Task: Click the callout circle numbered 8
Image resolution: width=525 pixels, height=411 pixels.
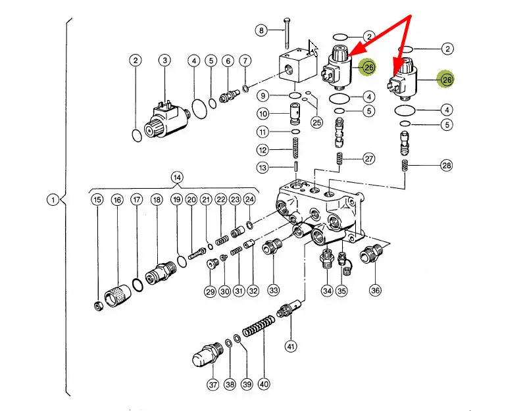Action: coord(262,30)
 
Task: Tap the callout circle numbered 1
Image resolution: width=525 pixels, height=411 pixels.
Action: coord(53,200)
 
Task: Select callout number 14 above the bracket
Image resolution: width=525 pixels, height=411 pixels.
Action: coord(176,177)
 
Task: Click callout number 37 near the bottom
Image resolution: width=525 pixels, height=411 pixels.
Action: coord(213,384)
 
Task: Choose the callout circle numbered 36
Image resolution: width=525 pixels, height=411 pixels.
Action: coord(376,290)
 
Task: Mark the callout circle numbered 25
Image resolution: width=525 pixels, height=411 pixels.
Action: coord(317,122)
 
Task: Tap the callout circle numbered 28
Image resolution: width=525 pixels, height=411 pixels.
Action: coord(447,166)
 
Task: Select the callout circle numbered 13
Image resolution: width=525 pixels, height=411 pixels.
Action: coord(262,168)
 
